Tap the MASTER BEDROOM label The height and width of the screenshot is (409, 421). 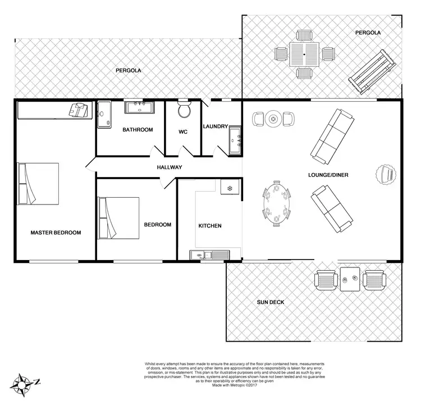coord(56,233)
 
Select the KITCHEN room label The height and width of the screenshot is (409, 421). coord(210,226)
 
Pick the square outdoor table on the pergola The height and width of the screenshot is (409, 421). coord(304,54)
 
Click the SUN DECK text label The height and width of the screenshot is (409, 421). coord(271,302)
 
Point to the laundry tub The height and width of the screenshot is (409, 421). coord(235,139)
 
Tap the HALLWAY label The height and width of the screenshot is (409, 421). coord(169,167)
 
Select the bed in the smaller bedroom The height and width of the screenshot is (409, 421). coord(118,217)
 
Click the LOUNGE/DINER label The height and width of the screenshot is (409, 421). coord(328,175)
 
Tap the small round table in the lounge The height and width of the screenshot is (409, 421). coord(273,119)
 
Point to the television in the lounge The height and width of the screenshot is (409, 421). coord(386,174)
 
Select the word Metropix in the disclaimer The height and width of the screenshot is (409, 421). coord(234,385)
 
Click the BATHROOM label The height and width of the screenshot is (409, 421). coord(138,130)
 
